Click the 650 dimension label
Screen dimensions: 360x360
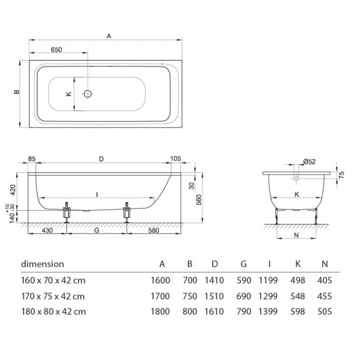pyautogui.click(x=56, y=50)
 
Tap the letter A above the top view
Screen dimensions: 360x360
pyautogui.click(x=108, y=36)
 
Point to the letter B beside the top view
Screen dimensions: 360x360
pyautogui.click(x=17, y=92)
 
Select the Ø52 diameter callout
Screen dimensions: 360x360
pyautogui.click(x=309, y=161)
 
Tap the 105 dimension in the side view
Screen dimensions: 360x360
pyautogui.click(x=176, y=158)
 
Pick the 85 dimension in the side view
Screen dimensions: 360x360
pyautogui.click(x=32, y=158)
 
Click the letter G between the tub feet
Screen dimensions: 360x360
pyautogui.click(x=96, y=230)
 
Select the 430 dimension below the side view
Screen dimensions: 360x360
pyautogui.click(x=48, y=230)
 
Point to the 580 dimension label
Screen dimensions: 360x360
pyautogui.click(x=153, y=230)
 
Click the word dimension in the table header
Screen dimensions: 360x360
pyautogui.click(x=43, y=264)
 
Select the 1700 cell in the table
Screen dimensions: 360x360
pyautogui.click(x=160, y=296)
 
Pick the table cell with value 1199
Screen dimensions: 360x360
pyautogui.click(x=268, y=280)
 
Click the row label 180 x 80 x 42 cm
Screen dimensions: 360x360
pyautogui.click(x=53, y=311)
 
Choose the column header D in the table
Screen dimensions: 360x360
pyautogui.click(x=214, y=264)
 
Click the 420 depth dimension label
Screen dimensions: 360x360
pyautogui.click(x=13, y=189)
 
